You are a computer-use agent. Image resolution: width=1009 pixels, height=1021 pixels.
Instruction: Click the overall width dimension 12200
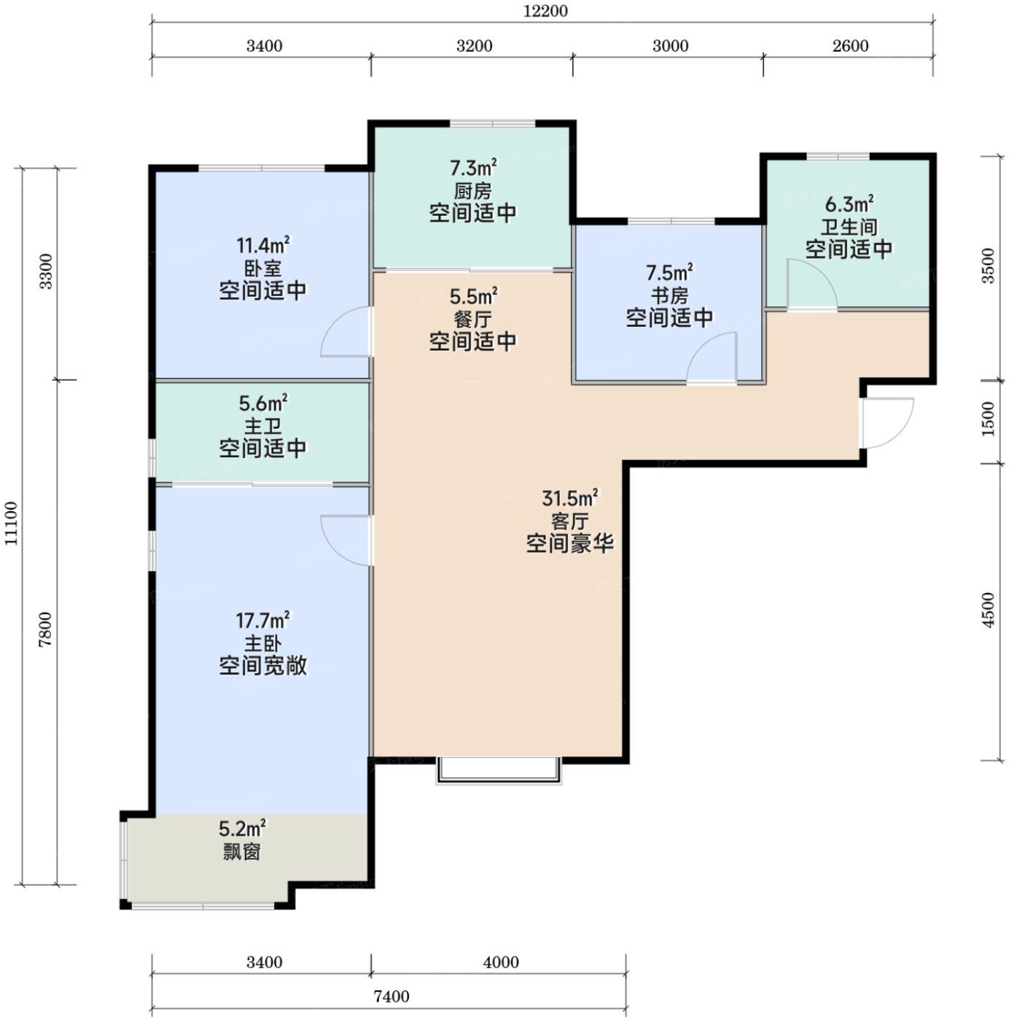[x=545, y=11]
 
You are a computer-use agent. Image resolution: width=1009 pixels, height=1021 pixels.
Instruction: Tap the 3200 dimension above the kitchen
[x=474, y=46]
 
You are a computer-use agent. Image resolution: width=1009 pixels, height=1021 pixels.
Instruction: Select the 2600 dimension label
[x=850, y=46]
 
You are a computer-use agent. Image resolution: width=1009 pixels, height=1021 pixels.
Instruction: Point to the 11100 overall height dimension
[x=12, y=524]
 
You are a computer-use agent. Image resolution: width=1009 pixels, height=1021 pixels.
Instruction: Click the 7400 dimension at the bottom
[x=391, y=997]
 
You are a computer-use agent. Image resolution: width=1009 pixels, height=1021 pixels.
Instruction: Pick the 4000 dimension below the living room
[x=501, y=962]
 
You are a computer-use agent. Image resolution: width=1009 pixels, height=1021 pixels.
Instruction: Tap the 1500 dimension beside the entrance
[x=989, y=419]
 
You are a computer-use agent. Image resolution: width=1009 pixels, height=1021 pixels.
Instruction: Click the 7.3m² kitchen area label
[x=473, y=168]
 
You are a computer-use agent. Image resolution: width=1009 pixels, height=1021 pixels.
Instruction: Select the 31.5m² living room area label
[x=570, y=499]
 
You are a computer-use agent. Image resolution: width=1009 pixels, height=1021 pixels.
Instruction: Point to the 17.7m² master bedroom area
[x=262, y=621]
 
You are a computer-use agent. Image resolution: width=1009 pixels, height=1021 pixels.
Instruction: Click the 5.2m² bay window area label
[x=243, y=828]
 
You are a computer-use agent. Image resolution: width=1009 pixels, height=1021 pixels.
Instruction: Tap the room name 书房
[x=669, y=295]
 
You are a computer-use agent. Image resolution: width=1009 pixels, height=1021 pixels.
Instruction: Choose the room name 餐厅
[x=473, y=319]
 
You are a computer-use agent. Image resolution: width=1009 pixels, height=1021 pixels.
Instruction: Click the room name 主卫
[x=262, y=426]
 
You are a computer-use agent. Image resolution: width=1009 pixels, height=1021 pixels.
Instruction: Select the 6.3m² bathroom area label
[x=849, y=204]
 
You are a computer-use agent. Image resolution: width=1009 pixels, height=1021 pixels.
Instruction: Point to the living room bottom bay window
[x=498, y=771]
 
